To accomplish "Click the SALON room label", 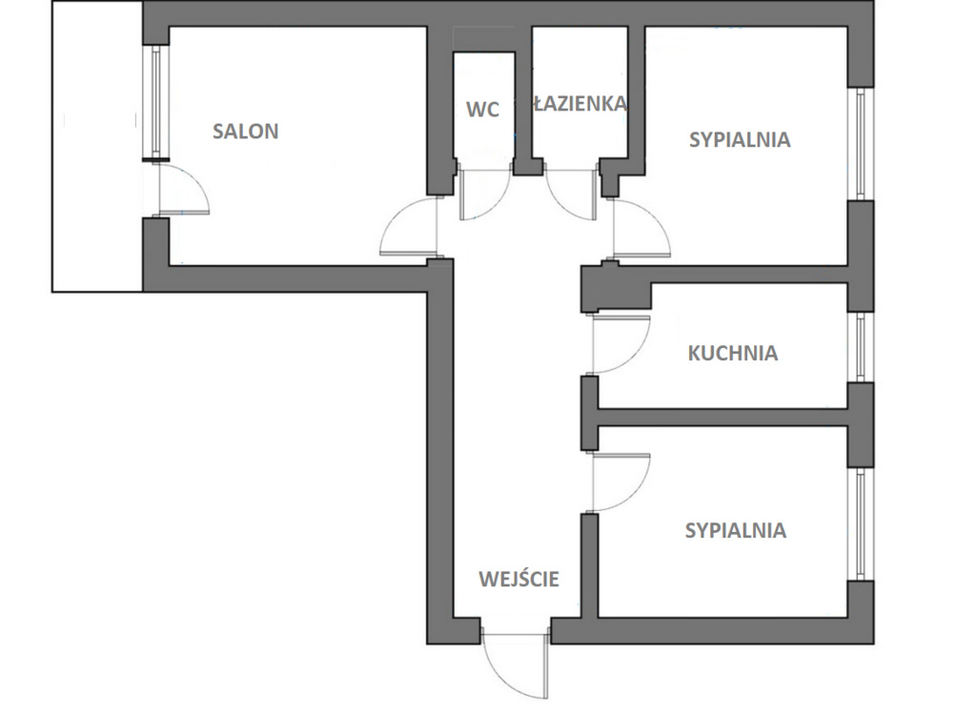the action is (245, 132).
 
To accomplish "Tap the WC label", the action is (482, 110).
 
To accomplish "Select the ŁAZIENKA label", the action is (580, 103).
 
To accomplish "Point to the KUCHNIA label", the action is (733, 353).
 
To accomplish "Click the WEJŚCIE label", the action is (519, 579).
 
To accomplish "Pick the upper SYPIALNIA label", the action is (740, 139).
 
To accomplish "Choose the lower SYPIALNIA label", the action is (736, 530).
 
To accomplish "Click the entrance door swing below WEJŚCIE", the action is (516, 666).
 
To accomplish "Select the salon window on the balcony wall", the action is (155, 103).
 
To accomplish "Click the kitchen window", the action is (861, 347).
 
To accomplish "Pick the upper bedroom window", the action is (861, 144).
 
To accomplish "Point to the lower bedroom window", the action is (861, 525).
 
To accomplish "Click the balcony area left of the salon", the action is (97, 146).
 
